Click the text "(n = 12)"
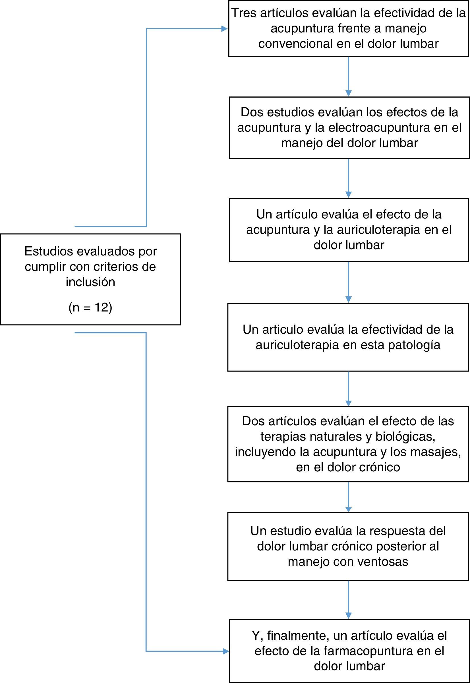click(90, 307)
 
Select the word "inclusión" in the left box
click(90, 282)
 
